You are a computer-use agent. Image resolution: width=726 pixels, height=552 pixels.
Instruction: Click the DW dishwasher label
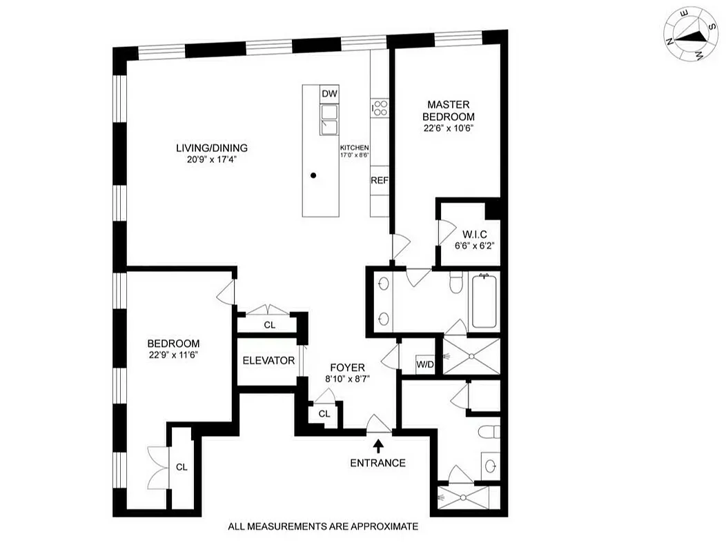[x=329, y=94]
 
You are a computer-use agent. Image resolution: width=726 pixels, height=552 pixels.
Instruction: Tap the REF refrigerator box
[x=380, y=180]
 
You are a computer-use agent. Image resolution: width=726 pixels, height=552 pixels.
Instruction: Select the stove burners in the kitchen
[x=380, y=108]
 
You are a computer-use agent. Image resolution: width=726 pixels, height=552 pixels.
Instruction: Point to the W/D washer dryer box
[x=424, y=364]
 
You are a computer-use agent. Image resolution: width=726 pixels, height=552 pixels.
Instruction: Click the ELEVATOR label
[x=268, y=361]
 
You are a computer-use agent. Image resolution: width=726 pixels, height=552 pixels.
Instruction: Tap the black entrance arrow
[x=377, y=447]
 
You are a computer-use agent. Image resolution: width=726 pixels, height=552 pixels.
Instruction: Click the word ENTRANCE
[x=377, y=463]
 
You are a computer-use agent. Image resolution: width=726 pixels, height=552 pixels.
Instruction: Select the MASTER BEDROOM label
[x=449, y=110]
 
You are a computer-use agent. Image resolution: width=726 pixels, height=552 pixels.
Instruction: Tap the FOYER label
[x=347, y=368]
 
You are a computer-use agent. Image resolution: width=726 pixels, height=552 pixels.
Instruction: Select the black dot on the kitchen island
[x=313, y=176]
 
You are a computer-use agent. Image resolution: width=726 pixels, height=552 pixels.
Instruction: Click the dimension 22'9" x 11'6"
[x=173, y=356]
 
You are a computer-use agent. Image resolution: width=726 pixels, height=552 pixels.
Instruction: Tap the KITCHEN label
[x=354, y=148]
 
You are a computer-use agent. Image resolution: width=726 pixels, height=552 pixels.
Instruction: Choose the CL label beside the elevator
[x=270, y=325]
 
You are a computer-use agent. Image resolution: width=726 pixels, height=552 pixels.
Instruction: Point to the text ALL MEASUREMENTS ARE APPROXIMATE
[x=323, y=526]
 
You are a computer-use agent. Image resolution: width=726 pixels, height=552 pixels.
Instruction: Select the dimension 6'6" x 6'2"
[x=468, y=245]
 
